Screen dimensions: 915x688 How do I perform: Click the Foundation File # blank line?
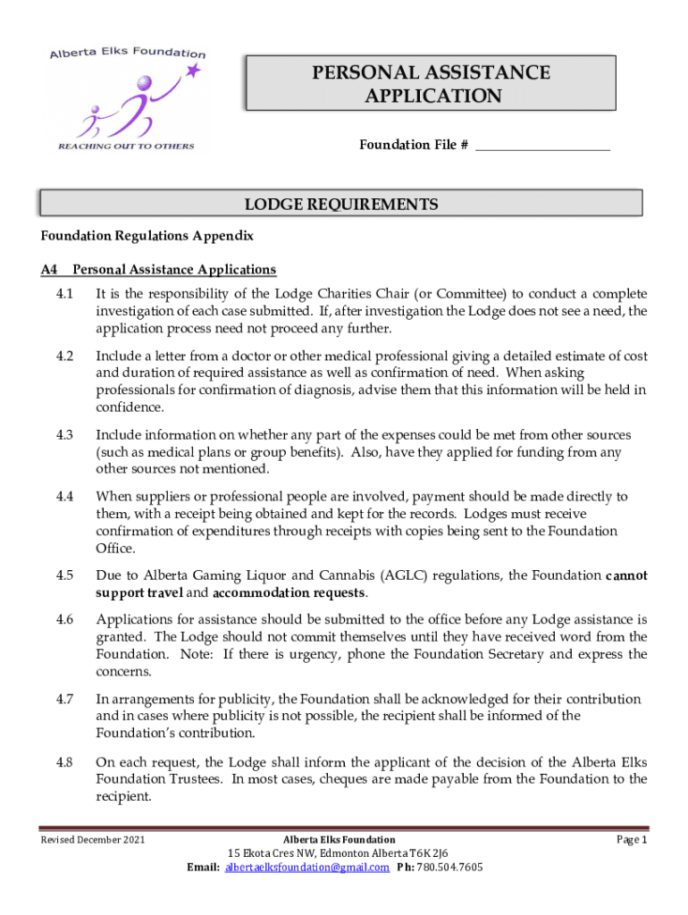[542, 145]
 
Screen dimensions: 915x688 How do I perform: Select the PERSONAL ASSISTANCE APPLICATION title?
[431, 84]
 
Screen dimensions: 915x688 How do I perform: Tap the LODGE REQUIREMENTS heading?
[341, 205]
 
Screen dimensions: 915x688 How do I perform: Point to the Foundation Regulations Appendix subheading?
[147, 236]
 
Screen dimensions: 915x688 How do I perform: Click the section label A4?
[49, 269]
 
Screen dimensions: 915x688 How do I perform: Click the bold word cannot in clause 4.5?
[626, 576]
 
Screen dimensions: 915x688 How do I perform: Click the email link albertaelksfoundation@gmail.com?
[307, 868]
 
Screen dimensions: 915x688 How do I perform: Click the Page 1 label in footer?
[632, 840]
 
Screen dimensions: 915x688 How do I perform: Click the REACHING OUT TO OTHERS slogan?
[126, 146]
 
